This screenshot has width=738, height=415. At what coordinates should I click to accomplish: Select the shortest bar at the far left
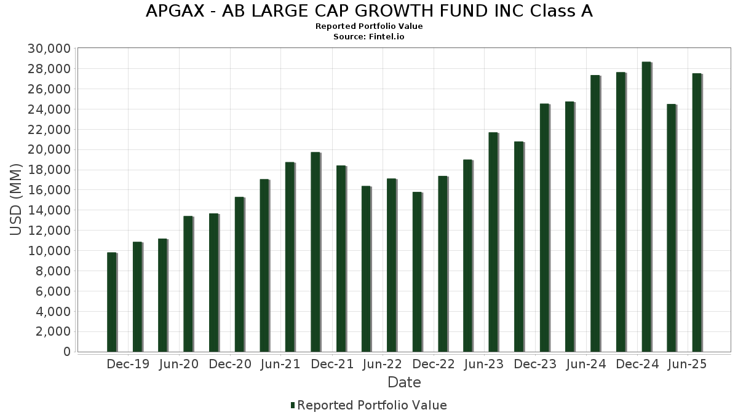coord(111,302)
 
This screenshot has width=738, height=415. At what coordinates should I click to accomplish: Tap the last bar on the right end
coord(697,213)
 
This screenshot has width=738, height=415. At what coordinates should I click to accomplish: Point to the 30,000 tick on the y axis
coord(50,49)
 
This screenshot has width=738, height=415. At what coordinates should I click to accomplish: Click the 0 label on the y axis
coord(66,352)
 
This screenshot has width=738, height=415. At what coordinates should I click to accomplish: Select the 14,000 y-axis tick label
coord(50,210)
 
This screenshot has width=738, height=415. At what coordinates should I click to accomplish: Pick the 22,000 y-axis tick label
coord(50,130)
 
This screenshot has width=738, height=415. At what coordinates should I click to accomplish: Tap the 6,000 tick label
coord(54,291)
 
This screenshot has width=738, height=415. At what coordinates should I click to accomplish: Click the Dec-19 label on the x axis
coord(128,364)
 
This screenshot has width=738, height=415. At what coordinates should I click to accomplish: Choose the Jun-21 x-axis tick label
coord(280,364)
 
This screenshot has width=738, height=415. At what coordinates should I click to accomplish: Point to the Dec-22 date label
coord(434,364)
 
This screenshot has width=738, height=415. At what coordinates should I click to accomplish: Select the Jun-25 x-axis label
coord(686,364)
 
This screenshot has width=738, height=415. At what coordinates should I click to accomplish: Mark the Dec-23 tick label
coord(535,364)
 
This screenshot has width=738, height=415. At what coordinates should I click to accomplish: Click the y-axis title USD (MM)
coord(17,199)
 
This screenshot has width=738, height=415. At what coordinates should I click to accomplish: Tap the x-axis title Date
coord(404,382)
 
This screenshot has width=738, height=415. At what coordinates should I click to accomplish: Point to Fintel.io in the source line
coord(387,36)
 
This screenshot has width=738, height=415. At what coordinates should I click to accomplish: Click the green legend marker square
coord(293,405)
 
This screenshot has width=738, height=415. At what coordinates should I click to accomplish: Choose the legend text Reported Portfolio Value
coord(372,405)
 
